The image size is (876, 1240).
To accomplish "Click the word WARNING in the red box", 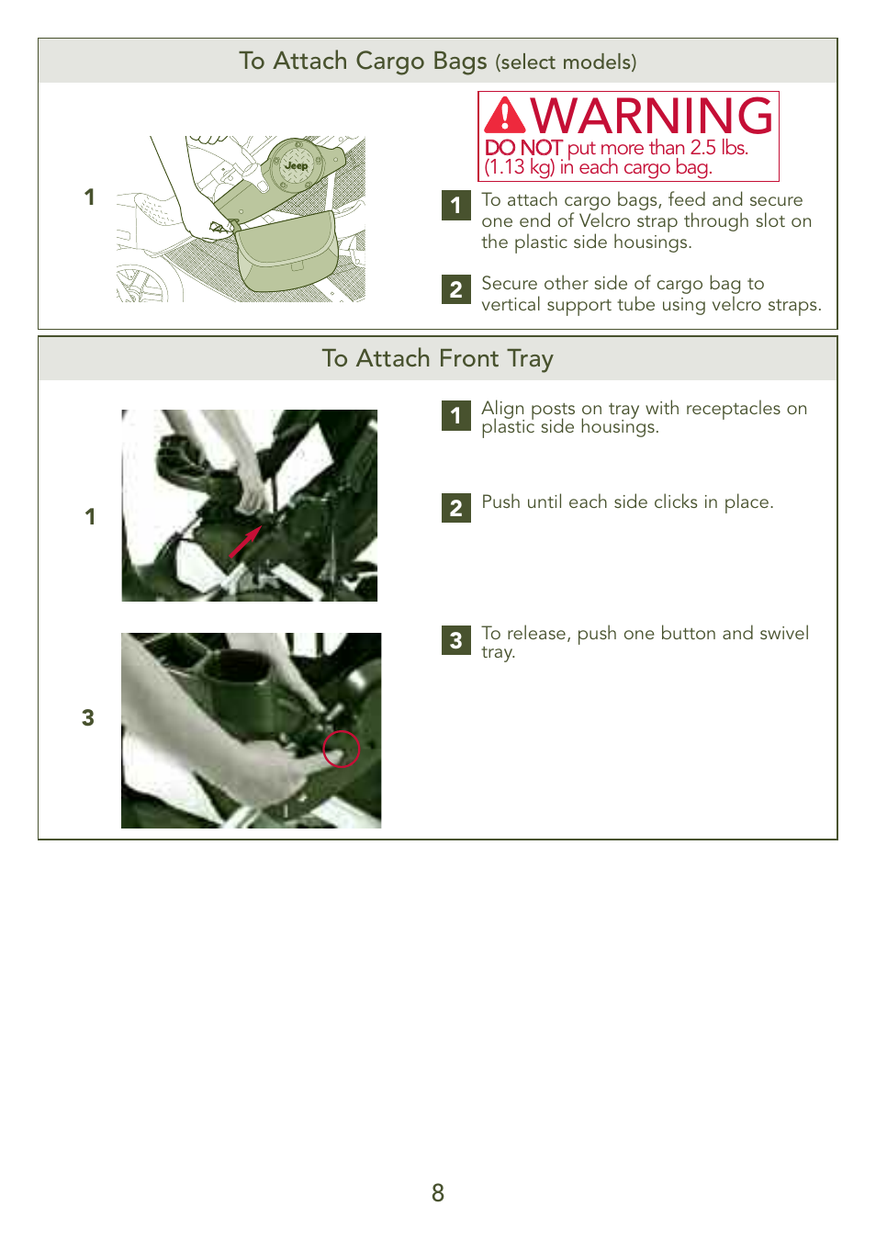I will coord(652,117).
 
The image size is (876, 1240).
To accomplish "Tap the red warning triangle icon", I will coord(504,117).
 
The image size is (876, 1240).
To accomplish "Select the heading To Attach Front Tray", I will coord(437,358).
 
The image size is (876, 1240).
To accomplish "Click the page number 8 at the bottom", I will coord(438,1192).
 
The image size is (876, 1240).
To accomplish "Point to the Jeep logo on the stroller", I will coord(296,165).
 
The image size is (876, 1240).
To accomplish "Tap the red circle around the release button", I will coord(341,749).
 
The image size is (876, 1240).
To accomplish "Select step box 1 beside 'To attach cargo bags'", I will coord(456,205).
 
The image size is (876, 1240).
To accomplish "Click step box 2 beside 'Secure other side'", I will coord(456,289).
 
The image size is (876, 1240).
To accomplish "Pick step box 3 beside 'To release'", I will coord(456,640).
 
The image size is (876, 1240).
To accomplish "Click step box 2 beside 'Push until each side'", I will coord(456,508).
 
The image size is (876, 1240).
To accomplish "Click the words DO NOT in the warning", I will coord(522,148).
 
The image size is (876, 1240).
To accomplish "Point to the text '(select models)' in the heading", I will coord(566,62).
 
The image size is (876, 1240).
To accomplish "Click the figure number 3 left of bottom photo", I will coord(88,717).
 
